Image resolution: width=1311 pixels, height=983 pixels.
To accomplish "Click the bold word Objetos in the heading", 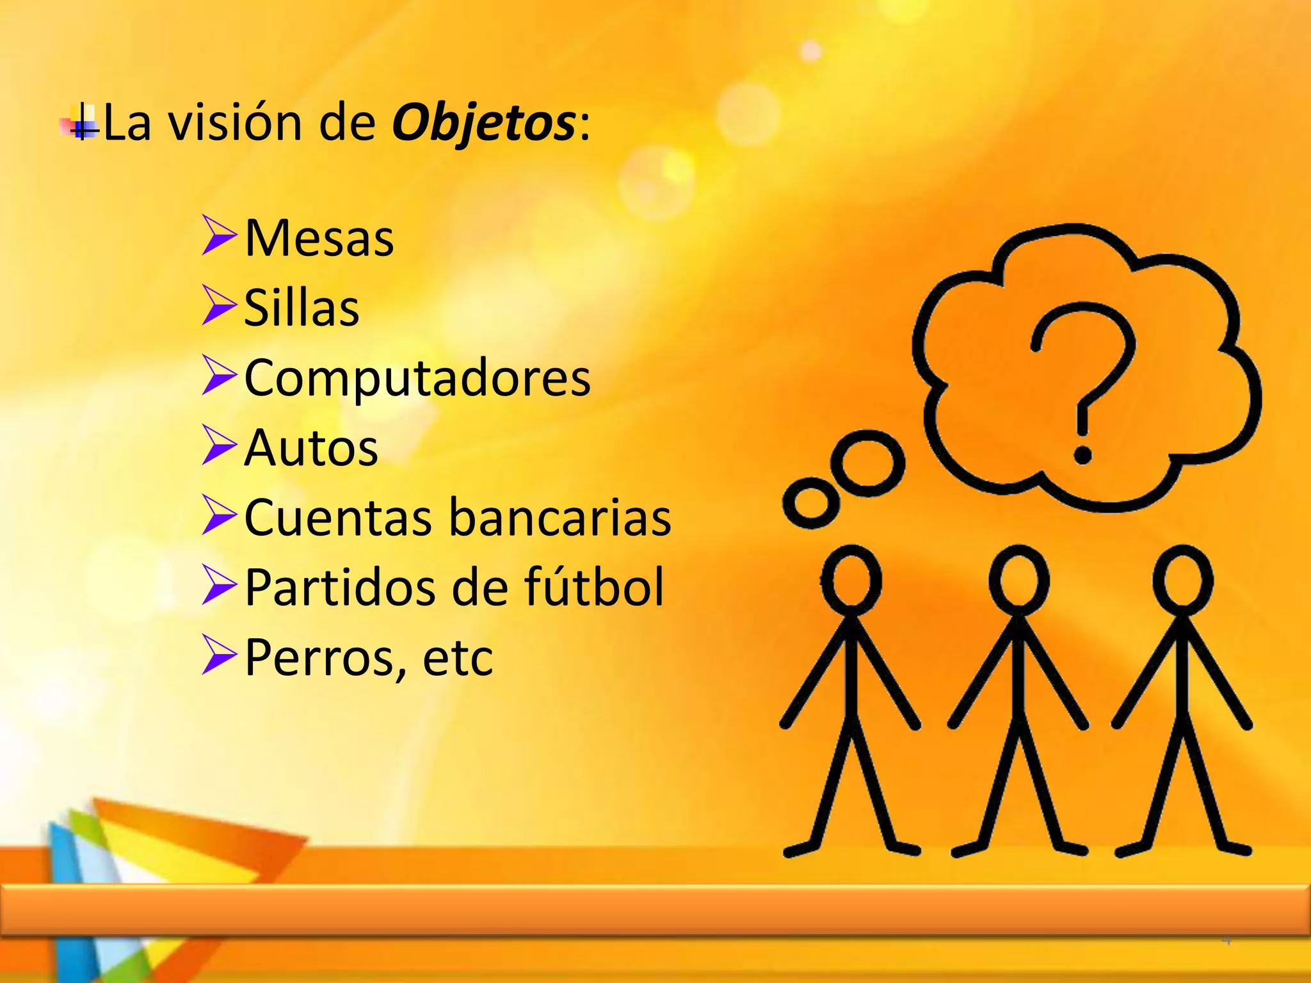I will click(483, 123).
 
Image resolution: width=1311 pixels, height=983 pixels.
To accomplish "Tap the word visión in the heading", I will click(235, 123).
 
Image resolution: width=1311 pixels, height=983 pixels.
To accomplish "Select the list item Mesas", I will click(319, 238).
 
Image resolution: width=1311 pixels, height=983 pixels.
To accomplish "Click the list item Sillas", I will click(302, 308).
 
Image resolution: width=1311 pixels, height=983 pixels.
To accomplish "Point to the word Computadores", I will click(417, 378).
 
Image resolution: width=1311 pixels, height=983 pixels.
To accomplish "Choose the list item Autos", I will click(311, 447).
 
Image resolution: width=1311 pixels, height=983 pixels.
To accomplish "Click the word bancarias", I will click(560, 517).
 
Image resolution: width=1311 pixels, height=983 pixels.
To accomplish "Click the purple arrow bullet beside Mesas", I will click(218, 236).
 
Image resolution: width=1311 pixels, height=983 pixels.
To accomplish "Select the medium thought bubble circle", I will click(872, 463).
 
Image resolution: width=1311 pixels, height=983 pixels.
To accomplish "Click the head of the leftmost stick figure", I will click(851, 580).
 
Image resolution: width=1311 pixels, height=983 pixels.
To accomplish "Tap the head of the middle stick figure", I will click(1018, 580).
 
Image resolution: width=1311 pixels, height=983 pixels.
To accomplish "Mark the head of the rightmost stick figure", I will click(1184, 580).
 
